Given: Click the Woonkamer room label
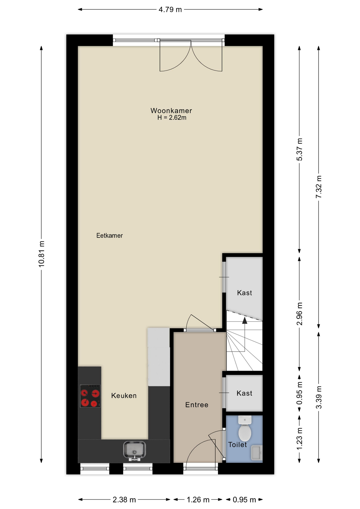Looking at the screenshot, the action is [171, 111].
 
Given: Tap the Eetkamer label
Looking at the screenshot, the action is [109, 235].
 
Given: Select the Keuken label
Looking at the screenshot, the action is [124, 396].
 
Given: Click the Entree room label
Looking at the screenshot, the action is [197, 405].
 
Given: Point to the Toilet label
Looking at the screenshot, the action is [238, 445].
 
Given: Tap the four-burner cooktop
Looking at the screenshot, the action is [90, 396].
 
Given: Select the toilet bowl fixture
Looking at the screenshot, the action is [245, 428].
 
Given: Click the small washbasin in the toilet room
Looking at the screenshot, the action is [257, 453].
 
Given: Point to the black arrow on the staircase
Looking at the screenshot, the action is [244, 321].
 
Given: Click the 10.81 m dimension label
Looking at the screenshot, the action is [41, 254].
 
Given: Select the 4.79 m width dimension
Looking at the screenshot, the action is [170, 10].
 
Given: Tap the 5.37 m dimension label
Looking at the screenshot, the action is [299, 150].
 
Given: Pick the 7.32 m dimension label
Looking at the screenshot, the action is [319, 187].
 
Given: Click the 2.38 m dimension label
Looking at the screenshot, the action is [124, 500].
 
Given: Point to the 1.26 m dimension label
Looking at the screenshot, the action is [198, 500].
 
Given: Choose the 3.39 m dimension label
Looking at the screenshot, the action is [319, 397].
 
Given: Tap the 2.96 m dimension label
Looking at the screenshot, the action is [299, 314].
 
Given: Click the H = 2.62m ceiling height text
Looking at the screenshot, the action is [172, 118].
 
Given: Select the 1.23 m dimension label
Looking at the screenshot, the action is [299, 439].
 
